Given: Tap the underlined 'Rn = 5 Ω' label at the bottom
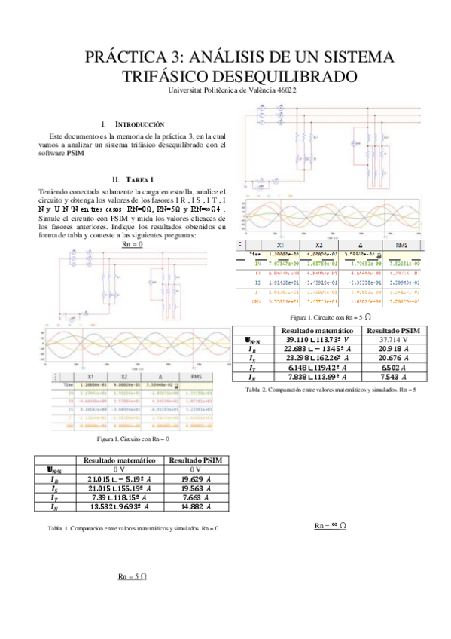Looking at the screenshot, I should [132, 576].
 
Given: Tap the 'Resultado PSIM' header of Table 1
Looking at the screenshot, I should [197, 460].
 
